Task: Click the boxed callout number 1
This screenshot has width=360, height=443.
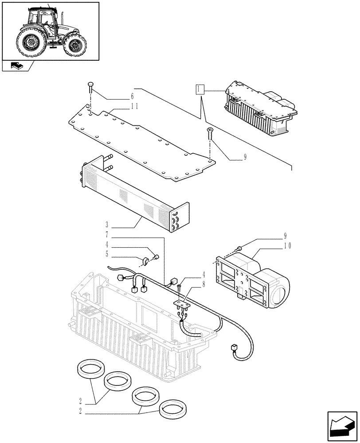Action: point(200,90)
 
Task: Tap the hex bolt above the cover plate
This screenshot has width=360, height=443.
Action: point(90,87)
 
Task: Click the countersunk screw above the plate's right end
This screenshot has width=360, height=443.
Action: point(210,131)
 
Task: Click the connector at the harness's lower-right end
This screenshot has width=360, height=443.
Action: point(234,348)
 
